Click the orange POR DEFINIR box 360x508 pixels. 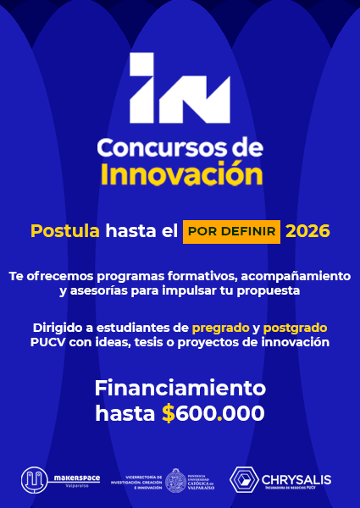(231, 231)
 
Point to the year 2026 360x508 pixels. (307, 230)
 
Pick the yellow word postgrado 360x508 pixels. (295, 327)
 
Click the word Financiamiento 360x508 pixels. (180, 389)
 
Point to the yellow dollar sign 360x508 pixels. (169, 413)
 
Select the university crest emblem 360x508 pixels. (177, 480)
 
